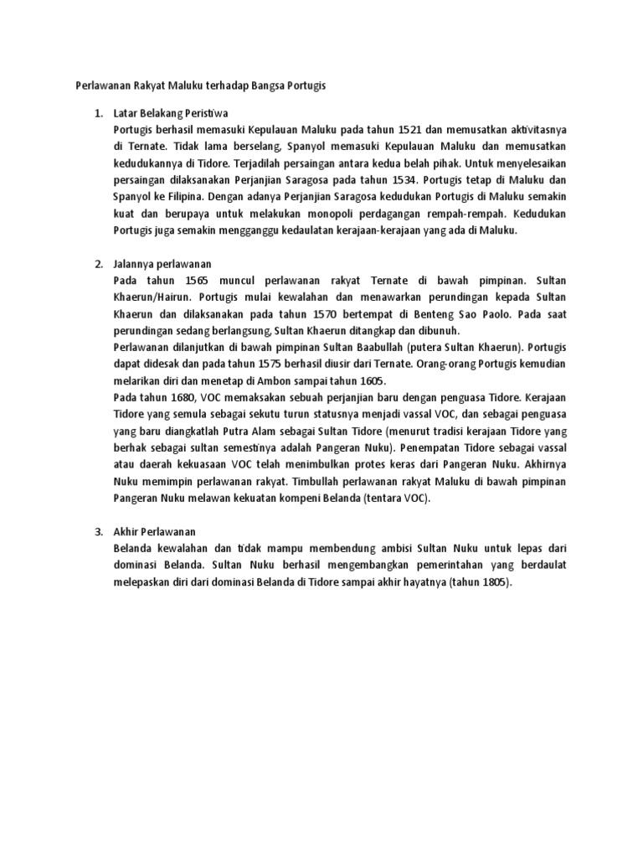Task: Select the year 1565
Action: [x=207, y=282]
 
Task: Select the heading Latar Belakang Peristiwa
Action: [x=175, y=113]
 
